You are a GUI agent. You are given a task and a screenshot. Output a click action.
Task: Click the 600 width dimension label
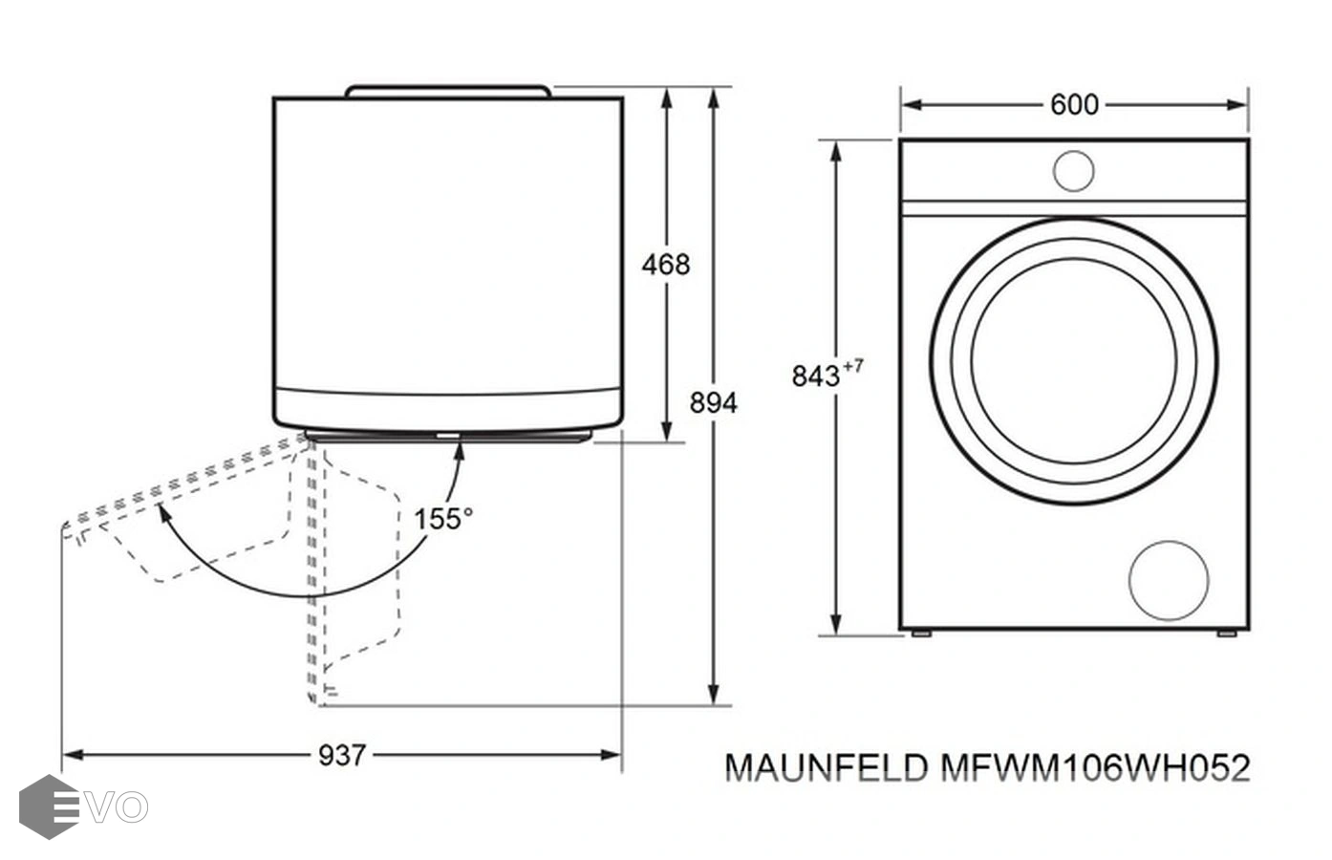(1074, 104)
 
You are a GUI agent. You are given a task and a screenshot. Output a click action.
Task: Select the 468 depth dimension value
(665, 264)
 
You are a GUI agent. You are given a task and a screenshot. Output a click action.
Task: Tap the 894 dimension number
(714, 403)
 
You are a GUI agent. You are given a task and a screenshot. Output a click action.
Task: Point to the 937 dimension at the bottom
(341, 755)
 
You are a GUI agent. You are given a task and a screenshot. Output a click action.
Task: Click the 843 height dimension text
(816, 376)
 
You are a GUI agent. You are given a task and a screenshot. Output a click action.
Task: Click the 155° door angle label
(443, 519)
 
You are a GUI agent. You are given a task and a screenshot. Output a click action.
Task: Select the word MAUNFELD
(827, 767)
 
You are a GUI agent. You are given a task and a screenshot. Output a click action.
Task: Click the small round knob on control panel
(1073, 171)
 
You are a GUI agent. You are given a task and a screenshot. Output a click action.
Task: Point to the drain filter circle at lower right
(1168, 580)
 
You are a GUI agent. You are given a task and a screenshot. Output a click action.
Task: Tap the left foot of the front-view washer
(920, 633)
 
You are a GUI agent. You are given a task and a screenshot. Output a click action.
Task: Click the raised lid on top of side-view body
(448, 91)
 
